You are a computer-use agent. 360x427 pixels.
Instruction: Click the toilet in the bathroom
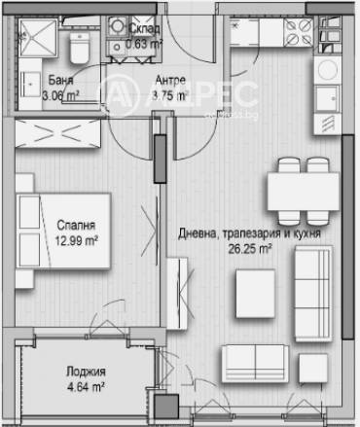(x=79, y=45)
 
